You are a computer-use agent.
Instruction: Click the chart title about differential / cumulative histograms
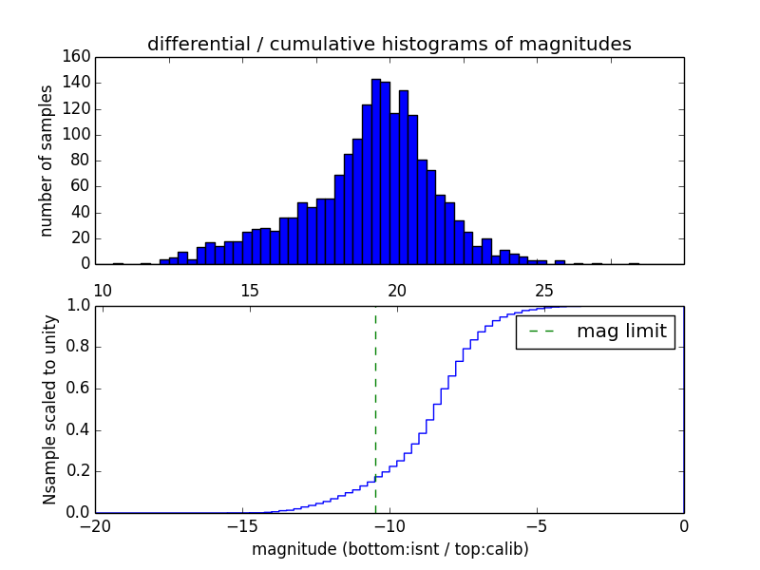(x=389, y=44)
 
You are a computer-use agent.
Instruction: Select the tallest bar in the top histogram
(x=376, y=171)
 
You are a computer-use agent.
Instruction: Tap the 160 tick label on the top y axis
(x=79, y=57)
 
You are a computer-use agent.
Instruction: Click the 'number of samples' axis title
(x=47, y=161)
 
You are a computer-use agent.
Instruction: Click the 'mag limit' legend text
(x=621, y=332)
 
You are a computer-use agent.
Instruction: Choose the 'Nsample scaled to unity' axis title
(x=49, y=409)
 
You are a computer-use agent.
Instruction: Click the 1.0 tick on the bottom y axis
(x=79, y=306)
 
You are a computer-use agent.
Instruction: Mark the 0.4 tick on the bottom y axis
(x=79, y=430)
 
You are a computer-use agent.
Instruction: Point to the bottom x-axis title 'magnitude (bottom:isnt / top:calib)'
(x=389, y=550)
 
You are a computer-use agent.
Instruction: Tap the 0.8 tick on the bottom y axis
(x=79, y=348)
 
